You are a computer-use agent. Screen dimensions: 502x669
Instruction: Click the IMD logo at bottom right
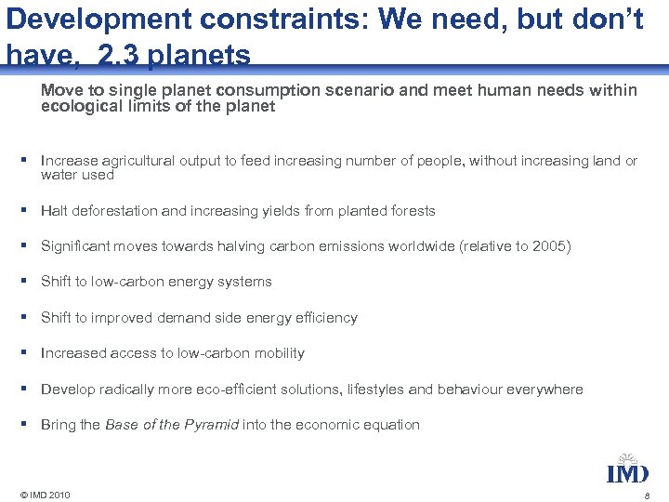(627, 469)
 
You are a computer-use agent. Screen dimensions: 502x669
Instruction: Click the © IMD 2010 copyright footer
(38, 495)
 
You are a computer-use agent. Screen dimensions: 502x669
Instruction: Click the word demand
(187, 318)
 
